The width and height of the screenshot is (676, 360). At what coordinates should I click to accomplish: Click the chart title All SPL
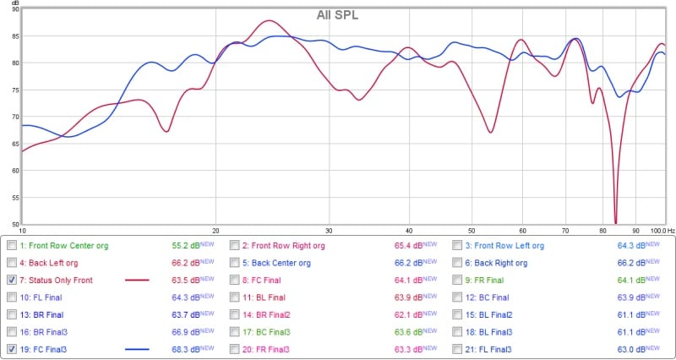click(x=338, y=14)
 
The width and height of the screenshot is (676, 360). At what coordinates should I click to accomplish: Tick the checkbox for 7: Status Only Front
click(x=11, y=280)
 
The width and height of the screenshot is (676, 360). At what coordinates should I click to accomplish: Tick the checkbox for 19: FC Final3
click(x=11, y=348)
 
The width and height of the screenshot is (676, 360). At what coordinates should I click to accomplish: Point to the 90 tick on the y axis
click(x=15, y=9)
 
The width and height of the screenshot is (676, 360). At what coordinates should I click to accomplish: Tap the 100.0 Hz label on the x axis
click(x=656, y=230)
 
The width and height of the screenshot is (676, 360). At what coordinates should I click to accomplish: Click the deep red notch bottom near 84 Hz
click(x=615, y=221)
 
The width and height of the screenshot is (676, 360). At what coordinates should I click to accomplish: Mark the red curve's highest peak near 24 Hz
click(x=268, y=20)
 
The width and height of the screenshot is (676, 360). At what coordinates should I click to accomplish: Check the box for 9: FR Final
click(x=457, y=280)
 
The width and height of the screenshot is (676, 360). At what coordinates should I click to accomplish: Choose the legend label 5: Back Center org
click(x=281, y=263)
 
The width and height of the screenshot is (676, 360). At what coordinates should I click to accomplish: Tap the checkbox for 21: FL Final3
click(x=457, y=348)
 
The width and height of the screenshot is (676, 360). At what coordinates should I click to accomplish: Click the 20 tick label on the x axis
click(x=215, y=230)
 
